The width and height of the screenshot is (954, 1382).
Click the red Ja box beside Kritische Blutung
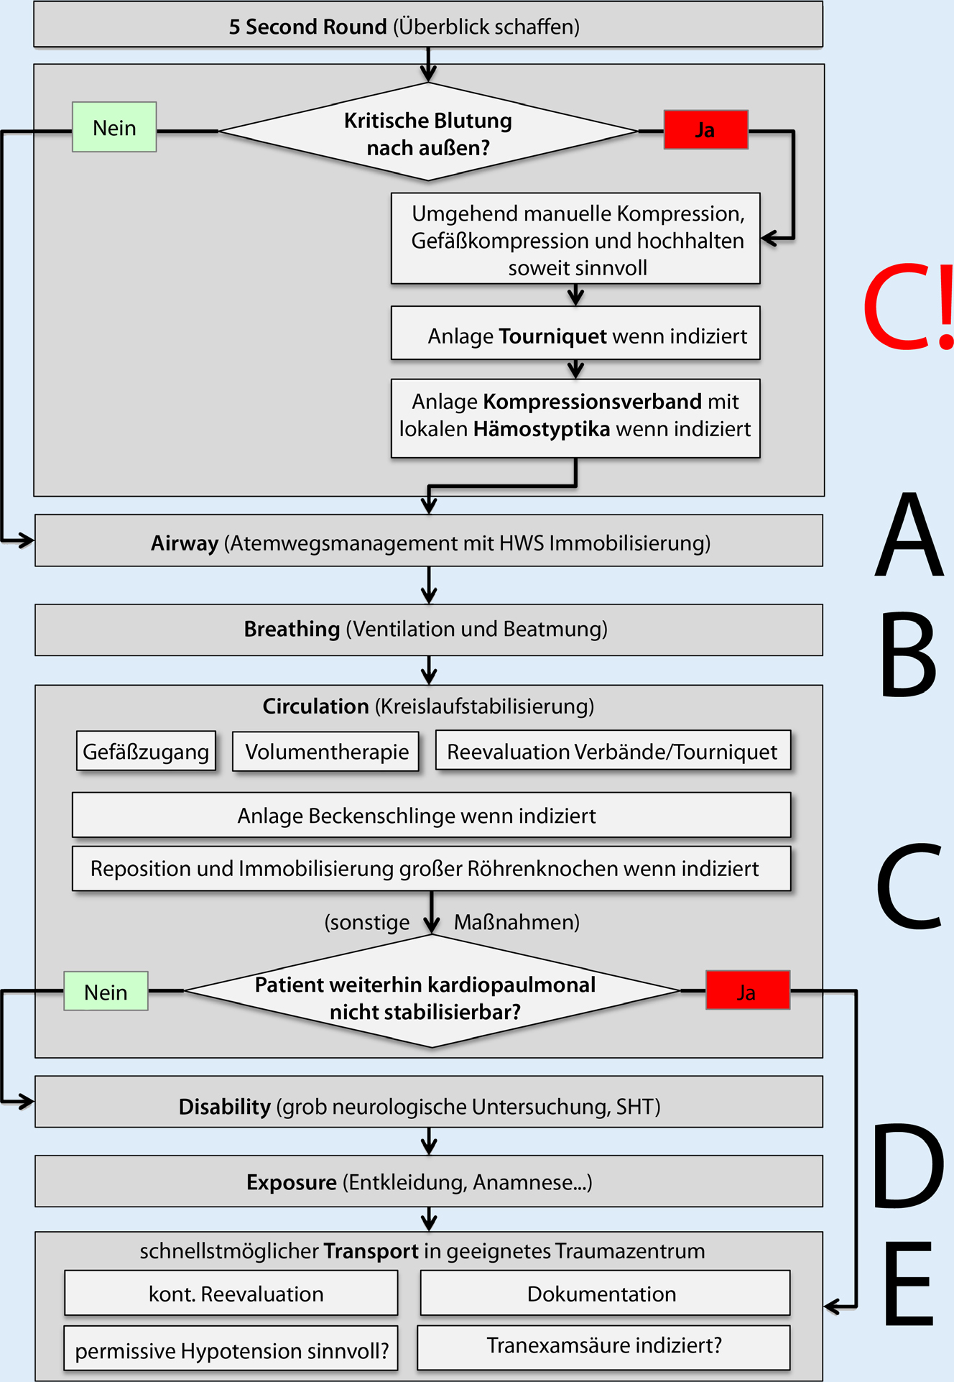[x=705, y=130]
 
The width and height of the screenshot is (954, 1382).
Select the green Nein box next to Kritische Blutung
[x=114, y=127]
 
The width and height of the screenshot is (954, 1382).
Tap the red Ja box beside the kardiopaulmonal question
[x=747, y=990]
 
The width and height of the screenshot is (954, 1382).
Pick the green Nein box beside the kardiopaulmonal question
[x=106, y=991]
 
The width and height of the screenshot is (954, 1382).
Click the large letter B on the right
[x=908, y=655]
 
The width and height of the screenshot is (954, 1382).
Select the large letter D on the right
[x=908, y=1168]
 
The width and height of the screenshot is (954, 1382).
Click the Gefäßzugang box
[x=146, y=752]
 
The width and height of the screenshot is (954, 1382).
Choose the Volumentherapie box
[x=326, y=752]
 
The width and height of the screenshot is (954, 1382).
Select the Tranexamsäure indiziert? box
[x=603, y=1346]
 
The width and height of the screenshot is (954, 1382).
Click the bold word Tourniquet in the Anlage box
[x=552, y=336]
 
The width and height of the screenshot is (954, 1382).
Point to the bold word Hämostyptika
[x=542, y=429]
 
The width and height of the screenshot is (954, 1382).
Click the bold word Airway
[x=185, y=543]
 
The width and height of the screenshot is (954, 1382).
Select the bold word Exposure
[x=291, y=1182]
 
